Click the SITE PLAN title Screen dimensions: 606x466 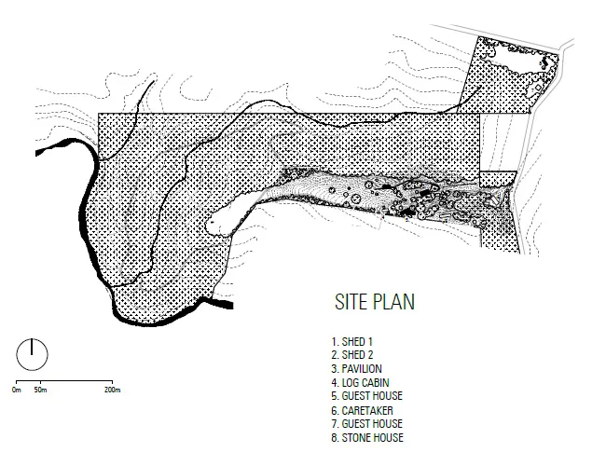375,302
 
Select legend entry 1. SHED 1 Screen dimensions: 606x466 351,342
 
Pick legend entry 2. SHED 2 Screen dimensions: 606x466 352,355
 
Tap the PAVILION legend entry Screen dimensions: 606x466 356,369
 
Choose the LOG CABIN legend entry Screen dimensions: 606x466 360,382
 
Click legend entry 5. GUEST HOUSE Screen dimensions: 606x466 366,396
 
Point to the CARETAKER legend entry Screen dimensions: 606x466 362,410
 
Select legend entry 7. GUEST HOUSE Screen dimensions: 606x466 366,424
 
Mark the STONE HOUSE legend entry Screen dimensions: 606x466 367,438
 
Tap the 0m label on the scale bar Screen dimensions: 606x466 17,390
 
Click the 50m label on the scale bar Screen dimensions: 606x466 40,390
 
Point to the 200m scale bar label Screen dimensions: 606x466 112,390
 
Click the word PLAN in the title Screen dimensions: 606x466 394,302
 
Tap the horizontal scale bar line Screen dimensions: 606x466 64,381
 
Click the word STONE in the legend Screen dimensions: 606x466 355,438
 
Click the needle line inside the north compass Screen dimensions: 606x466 32,347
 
